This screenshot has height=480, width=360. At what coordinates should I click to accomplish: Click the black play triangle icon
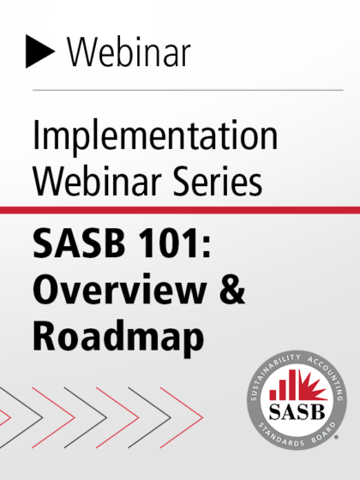39,51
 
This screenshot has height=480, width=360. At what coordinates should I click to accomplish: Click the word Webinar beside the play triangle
129,51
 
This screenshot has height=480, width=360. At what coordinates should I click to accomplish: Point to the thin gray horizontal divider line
188,90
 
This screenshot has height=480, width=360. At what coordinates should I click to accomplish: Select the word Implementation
155,135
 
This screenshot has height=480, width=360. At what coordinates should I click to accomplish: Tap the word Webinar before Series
97,181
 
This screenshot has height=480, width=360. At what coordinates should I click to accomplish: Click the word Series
218,181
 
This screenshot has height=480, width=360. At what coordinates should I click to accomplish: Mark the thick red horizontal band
180,210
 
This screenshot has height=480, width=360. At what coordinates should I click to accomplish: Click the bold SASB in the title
79,243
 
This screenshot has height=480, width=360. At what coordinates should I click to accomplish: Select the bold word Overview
119,290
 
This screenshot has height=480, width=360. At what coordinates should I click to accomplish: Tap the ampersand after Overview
231,290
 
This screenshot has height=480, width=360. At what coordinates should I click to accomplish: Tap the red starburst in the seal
313,387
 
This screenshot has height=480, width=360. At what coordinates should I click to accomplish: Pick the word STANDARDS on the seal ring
281,435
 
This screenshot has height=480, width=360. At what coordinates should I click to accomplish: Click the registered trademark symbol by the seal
337,437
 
